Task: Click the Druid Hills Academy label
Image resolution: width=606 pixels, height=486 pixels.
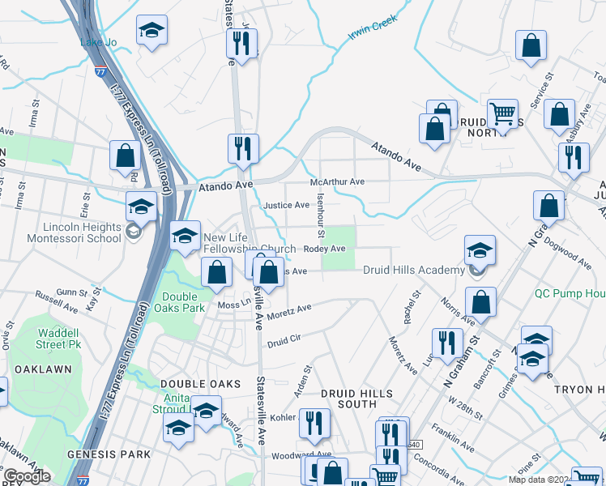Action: point(413,271)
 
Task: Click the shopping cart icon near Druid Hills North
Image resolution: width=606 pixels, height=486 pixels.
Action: point(503,115)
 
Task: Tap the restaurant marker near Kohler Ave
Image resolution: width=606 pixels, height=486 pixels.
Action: point(314,424)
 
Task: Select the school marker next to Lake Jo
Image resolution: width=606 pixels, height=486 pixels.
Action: point(151,32)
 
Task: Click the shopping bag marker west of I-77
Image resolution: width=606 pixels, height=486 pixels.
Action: point(126,157)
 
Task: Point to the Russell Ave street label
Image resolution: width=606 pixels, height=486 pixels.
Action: point(64,303)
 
